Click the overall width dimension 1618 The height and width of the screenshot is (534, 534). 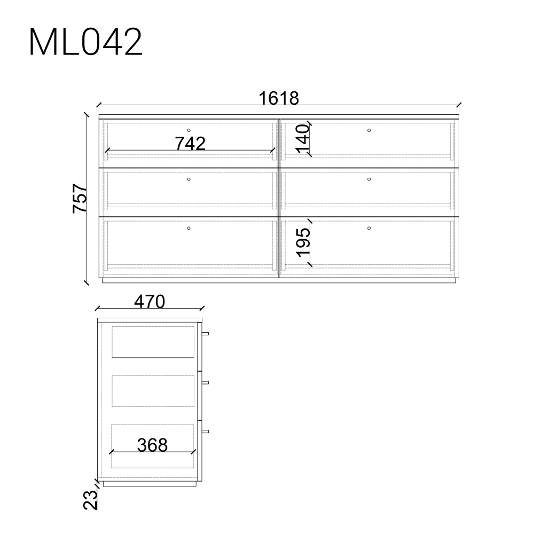(278, 98)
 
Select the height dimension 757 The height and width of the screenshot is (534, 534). (80, 198)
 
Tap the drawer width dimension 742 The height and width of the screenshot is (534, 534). (190, 143)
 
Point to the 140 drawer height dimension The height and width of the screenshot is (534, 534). (303, 138)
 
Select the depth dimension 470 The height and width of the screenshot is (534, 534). (150, 302)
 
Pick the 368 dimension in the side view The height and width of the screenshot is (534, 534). (152, 444)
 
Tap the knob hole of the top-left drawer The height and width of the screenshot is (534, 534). (189, 130)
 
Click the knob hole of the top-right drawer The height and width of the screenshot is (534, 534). (369, 130)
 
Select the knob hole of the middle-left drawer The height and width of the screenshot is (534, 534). (189, 179)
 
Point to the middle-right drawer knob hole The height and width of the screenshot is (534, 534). (369, 179)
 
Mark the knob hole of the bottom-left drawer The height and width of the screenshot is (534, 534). (189, 228)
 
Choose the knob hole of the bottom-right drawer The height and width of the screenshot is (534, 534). (369, 228)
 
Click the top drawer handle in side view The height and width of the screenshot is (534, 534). (205, 333)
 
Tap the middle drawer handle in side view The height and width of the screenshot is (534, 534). (205, 382)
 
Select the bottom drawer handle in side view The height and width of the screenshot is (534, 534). (205, 431)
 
